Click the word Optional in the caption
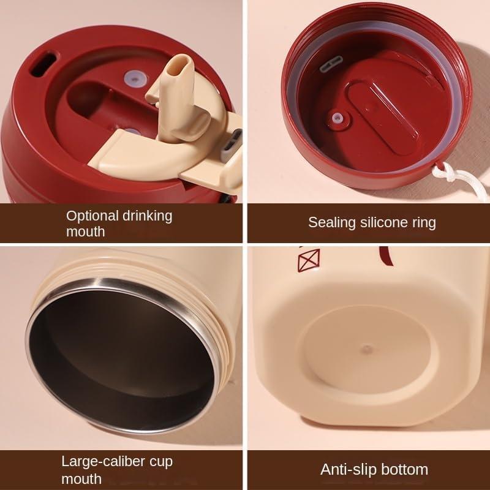coord(92,216)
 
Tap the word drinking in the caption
coord(147,216)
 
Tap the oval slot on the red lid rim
coord(43,64)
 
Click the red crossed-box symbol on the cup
coord(309,260)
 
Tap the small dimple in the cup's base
coord(366,349)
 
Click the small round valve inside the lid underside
coord(337,118)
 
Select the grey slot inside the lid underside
coord(331,64)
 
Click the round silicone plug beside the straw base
coord(135,78)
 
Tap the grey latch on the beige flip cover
coord(232,145)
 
